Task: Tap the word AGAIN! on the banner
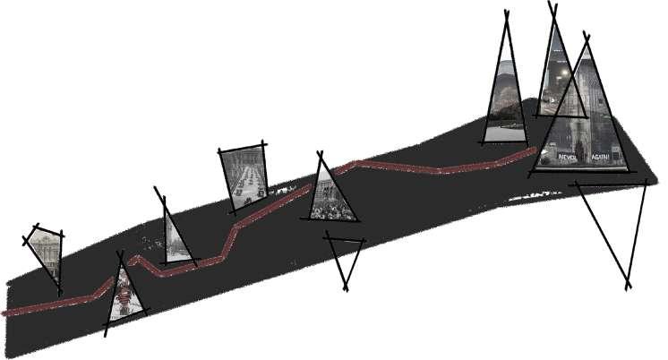[x=600, y=157]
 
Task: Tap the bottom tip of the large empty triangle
[x=629, y=286]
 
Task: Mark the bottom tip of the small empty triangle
[x=347, y=287]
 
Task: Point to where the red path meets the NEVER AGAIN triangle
[x=536, y=150]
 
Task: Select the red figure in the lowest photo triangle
[x=123, y=295]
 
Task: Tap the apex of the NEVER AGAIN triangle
[x=587, y=40]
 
